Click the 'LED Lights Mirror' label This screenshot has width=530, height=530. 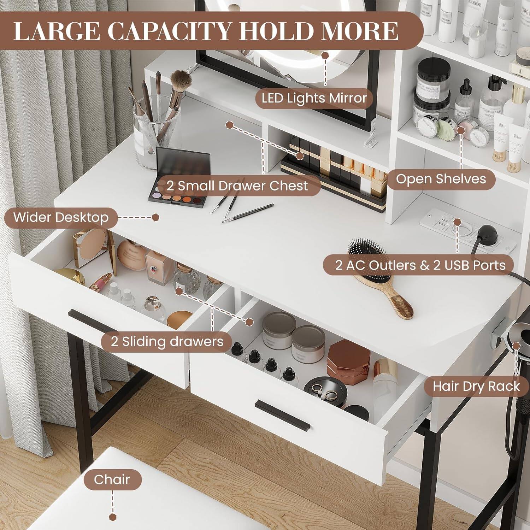314,98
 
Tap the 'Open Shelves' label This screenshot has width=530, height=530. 441,179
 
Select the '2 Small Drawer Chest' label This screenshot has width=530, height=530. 237,186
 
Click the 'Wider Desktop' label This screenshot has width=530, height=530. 61,217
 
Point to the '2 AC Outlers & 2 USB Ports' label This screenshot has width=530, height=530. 420,265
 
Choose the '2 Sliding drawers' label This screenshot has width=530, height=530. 167,341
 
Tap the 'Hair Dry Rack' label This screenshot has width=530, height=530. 476,386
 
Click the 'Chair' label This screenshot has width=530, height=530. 112,479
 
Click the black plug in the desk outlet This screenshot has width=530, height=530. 486,233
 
